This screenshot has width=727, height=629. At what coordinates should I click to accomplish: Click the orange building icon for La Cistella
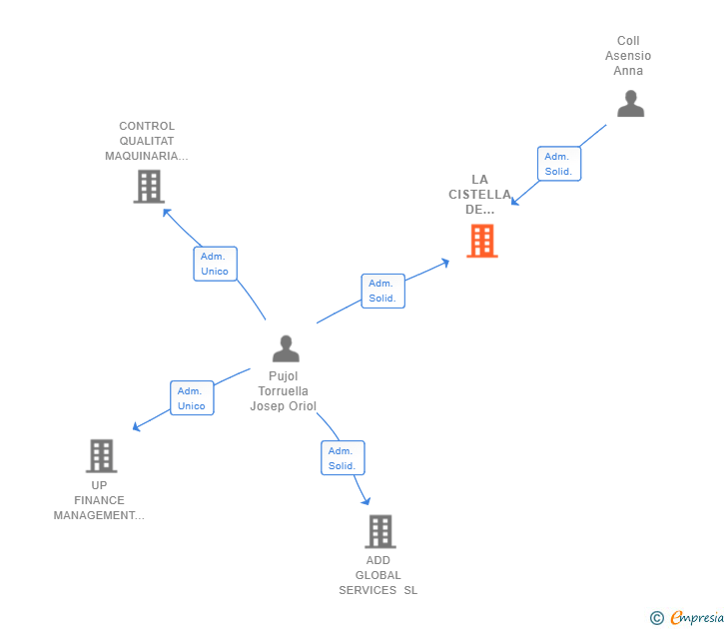tap(481, 241)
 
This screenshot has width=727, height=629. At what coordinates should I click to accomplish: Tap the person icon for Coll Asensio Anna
tap(630, 104)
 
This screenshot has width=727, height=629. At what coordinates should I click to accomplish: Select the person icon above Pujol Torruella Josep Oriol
tap(286, 348)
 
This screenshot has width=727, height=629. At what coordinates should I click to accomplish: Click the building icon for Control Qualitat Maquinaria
tap(149, 186)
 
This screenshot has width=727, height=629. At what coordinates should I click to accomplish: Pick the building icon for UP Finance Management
tap(101, 455)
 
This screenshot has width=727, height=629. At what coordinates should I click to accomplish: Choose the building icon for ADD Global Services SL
tap(379, 531)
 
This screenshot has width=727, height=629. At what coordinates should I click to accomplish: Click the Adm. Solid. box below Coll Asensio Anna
tap(558, 164)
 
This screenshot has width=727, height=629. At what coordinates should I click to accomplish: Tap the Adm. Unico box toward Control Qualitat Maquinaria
tap(215, 264)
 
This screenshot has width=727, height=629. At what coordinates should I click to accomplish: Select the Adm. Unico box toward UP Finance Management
tap(191, 398)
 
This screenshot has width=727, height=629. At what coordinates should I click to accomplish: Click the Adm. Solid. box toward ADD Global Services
tap(343, 458)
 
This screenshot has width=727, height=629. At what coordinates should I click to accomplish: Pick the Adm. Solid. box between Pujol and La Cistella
tap(382, 291)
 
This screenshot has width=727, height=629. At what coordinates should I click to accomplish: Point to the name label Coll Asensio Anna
tap(628, 56)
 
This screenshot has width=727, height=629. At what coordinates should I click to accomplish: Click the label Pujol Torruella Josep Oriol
tap(285, 391)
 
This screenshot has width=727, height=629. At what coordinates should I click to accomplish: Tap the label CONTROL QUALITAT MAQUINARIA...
tap(147, 141)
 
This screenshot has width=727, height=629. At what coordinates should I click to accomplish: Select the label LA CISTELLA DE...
tap(479, 195)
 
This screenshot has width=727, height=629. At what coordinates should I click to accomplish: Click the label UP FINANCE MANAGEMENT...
tap(99, 500)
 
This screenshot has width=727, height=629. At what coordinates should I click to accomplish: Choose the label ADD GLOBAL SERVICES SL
tap(378, 575)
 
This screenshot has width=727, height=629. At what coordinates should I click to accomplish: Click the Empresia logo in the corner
tap(697, 618)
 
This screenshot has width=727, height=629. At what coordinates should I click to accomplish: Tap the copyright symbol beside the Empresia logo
tap(657, 618)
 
